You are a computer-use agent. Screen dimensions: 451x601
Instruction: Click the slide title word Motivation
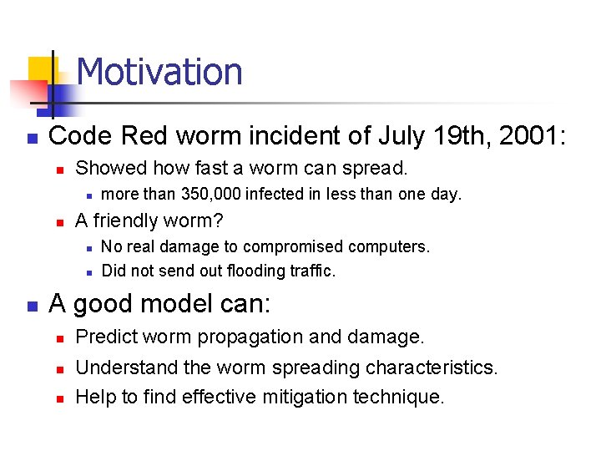[x=159, y=72]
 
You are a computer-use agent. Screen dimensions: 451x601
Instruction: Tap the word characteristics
[x=424, y=367]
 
